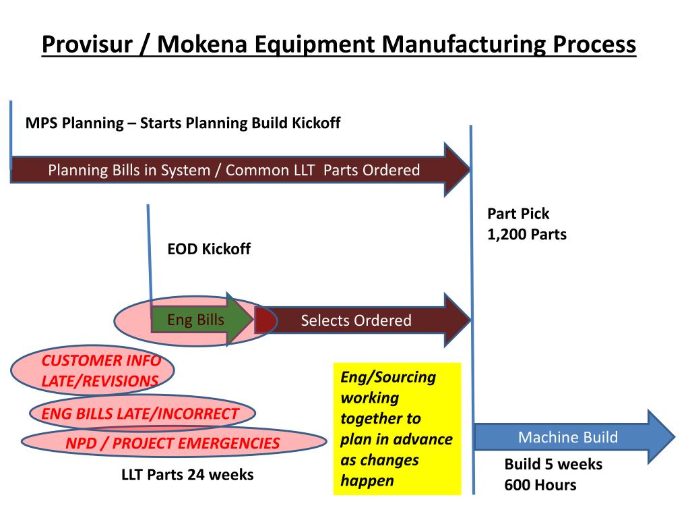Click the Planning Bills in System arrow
[x=236, y=170]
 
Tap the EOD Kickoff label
[x=209, y=249]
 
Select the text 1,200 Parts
[x=527, y=235]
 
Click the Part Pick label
[x=518, y=214]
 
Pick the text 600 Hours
[x=540, y=485]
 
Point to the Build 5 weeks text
[x=553, y=465]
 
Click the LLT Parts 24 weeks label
[x=187, y=475]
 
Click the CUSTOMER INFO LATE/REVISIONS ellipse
[x=94, y=371]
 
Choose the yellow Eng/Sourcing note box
[x=397, y=429]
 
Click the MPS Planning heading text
[x=183, y=123]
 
